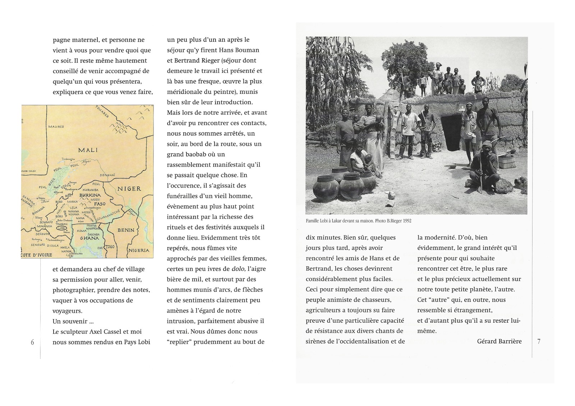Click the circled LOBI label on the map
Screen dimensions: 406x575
(x=62, y=227)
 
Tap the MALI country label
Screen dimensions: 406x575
(x=88, y=150)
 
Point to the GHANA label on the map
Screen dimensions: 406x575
(x=89, y=238)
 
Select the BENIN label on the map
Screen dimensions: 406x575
(x=126, y=230)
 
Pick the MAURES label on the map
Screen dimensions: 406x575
(x=56, y=127)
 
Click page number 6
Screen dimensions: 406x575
(x=32, y=342)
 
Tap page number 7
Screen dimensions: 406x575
(x=539, y=342)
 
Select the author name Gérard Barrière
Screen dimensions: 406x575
(x=499, y=341)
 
